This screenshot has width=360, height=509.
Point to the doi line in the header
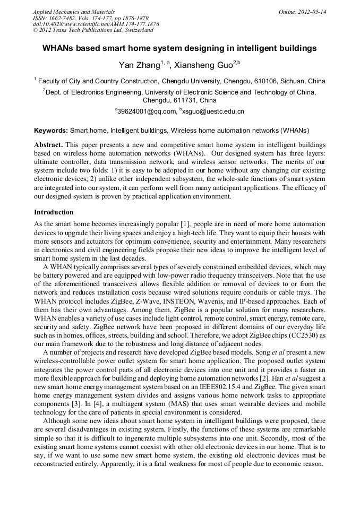pyautogui.click(x=96, y=24)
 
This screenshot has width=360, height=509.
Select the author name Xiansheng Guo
pyautogui.click(x=204, y=65)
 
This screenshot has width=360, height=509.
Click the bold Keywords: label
pyautogui.click(x=51, y=130)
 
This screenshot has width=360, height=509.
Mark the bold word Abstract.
pyautogui.click(x=48, y=145)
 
